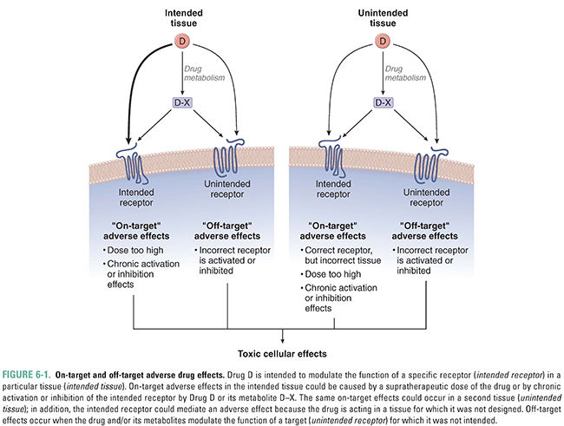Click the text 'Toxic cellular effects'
tap(283, 353)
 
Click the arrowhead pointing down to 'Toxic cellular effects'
tap(283, 341)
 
